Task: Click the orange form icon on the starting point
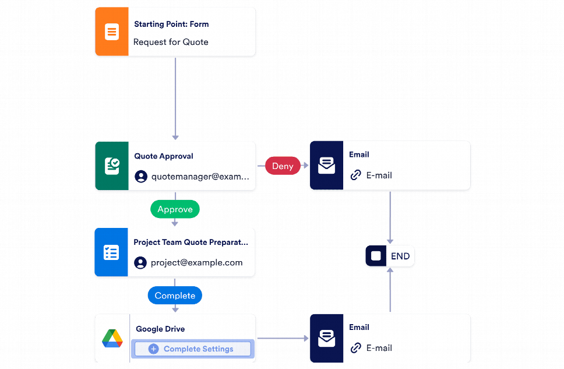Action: [x=111, y=32]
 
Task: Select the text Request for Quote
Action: [x=171, y=42]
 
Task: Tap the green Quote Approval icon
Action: [x=111, y=166]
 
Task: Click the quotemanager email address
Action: [x=200, y=177]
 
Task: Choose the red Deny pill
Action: [x=283, y=166]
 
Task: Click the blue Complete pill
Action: [x=175, y=296]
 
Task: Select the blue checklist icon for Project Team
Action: [x=111, y=252]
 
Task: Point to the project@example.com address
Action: [x=196, y=262]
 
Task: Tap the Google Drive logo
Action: [x=112, y=339]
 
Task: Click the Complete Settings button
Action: [x=192, y=349]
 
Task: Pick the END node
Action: [x=390, y=256]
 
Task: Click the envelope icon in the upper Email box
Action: [x=326, y=166]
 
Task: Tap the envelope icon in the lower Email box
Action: [x=326, y=338]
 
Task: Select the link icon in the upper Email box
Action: [x=355, y=175]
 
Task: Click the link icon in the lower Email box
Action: [x=355, y=348]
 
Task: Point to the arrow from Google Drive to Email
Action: [x=283, y=338]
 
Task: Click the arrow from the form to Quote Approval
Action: [x=175, y=99]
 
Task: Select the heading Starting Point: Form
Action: [x=171, y=24]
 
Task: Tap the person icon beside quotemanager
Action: [x=140, y=177]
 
